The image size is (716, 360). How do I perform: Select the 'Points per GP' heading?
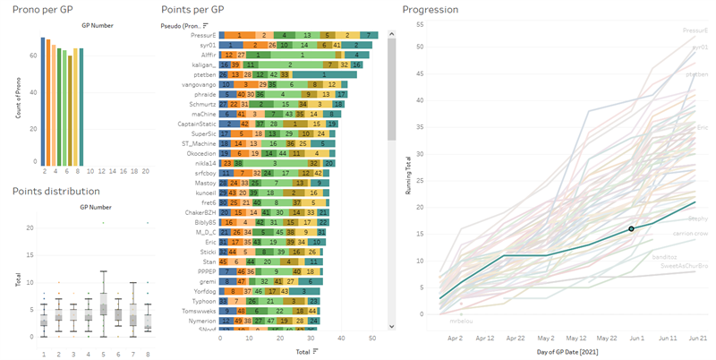tap(193, 9)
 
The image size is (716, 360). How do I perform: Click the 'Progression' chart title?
tap(430, 10)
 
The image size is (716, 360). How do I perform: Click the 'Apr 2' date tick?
tap(455, 339)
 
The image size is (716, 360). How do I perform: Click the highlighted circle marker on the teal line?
tap(631, 228)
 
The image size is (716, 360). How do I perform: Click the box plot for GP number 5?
tap(104, 304)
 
